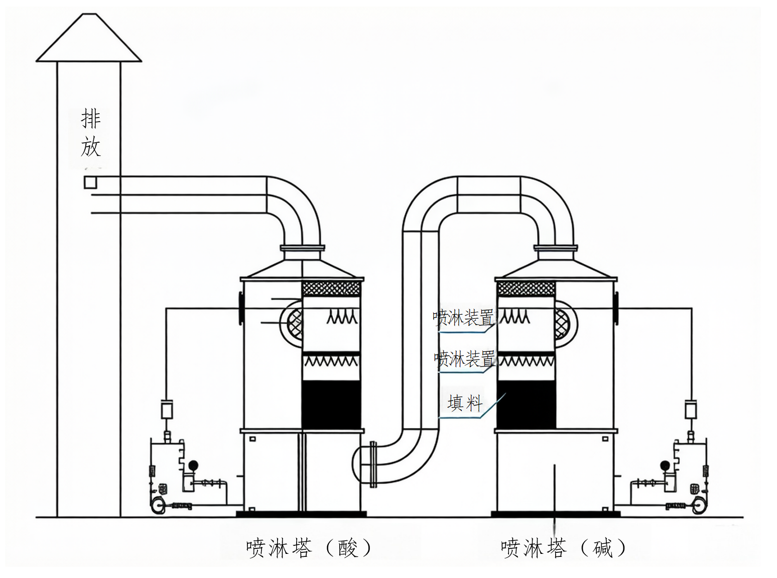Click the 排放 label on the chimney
pos(91,133)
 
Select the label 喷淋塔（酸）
pos(308,548)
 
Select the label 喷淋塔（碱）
pos(563,548)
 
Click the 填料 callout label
pos(465,403)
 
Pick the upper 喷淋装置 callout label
pos(463,318)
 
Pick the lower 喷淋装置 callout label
pos(464,359)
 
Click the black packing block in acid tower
pos(331,405)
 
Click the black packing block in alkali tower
pos(526,405)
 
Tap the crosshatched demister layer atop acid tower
pos(331,288)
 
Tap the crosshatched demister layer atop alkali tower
pos(526,288)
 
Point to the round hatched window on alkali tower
pos(562,324)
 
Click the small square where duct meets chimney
pos(90,182)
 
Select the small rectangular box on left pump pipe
pos(167,409)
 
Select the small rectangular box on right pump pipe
pos(691,409)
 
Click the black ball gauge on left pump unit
pos(193,465)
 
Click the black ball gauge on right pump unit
pos(665,465)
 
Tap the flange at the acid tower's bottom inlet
pos(373,464)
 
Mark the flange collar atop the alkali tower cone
pos(555,248)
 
